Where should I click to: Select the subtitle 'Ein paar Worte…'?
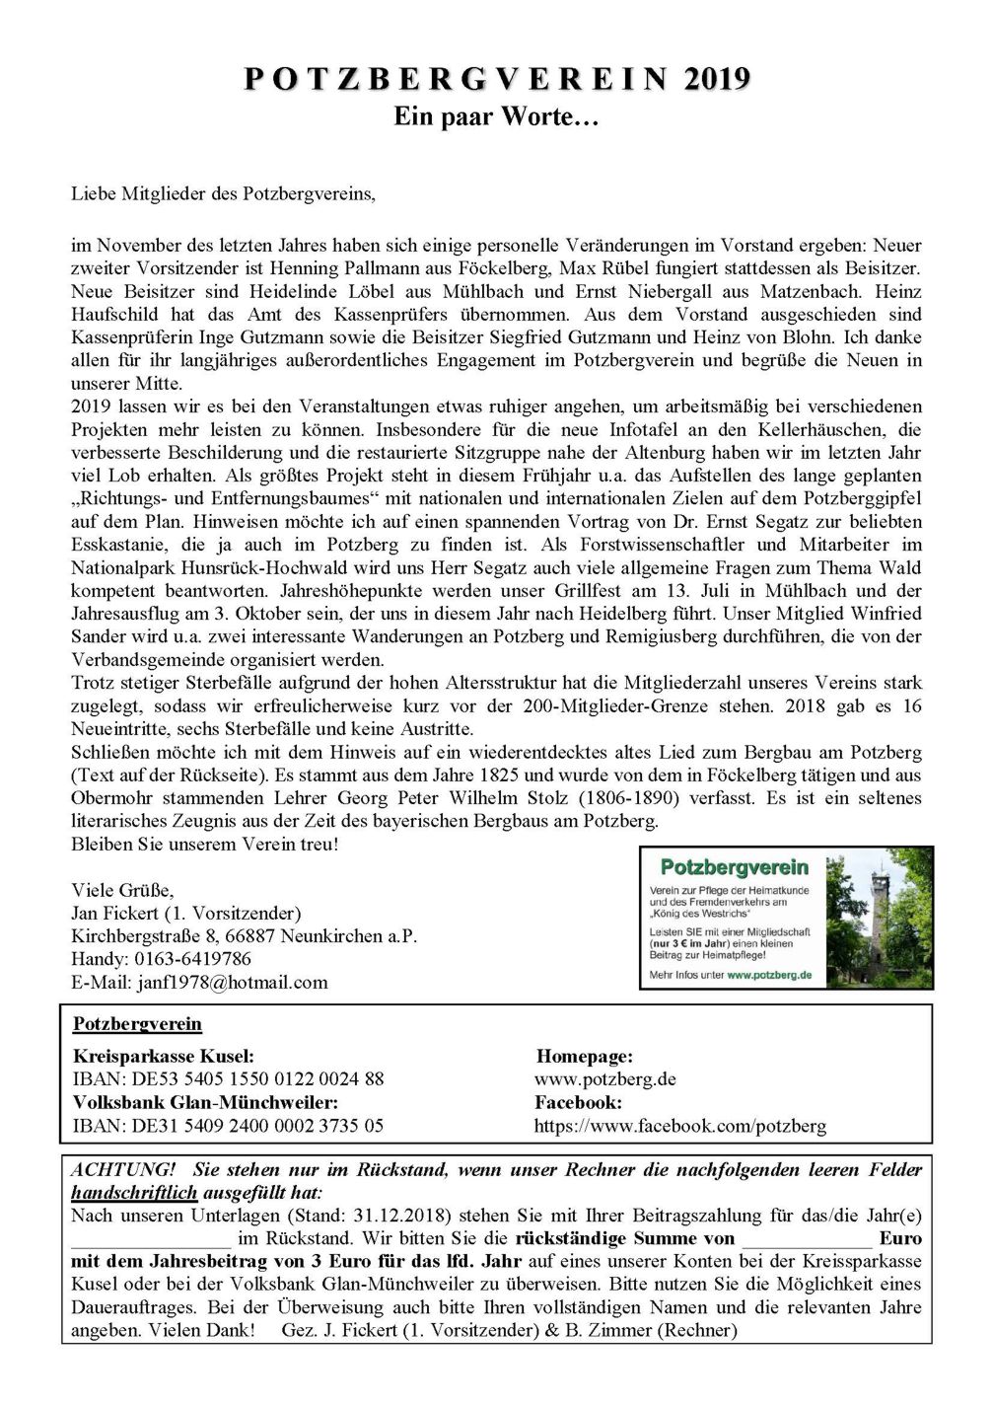coord(496,116)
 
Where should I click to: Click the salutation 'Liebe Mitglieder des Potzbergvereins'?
coord(223,193)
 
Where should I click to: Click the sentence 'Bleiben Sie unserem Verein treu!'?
coord(204,845)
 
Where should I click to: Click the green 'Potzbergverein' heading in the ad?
coord(734,868)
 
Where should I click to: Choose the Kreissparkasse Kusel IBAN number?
coord(228,1079)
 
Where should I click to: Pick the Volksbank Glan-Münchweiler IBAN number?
coord(228,1126)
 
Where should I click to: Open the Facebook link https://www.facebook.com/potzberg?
coord(679,1126)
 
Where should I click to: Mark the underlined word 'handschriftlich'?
coord(134,1193)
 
